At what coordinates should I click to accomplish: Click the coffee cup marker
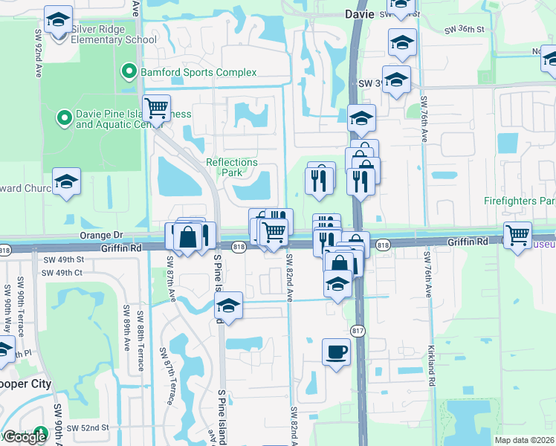coord(336,352)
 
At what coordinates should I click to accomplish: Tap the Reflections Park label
coord(232,167)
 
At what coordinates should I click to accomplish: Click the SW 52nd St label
coord(87,427)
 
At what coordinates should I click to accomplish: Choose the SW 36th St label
coord(464,30)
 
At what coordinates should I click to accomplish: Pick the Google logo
coord(25,436)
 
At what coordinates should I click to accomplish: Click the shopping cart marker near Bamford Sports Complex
coord(156,109)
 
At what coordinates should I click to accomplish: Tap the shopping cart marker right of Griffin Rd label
coord(517,236)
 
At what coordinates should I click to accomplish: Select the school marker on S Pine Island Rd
coord(229,306)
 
